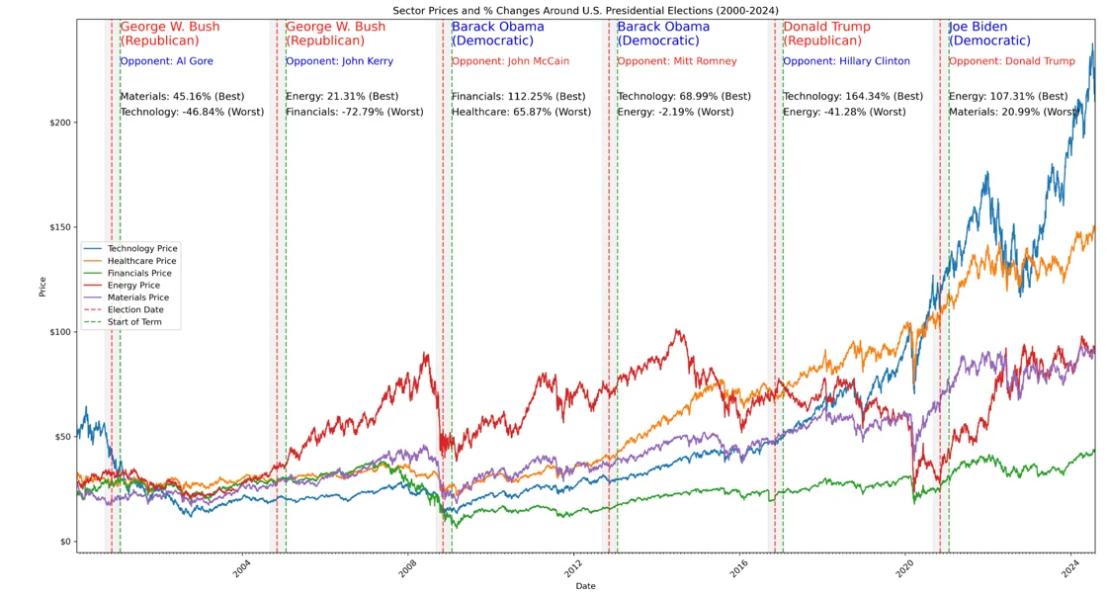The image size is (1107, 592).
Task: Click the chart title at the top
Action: pos(585,10)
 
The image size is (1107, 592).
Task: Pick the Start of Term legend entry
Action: pos(135,322)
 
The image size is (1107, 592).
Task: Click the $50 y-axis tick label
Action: pos(61,437)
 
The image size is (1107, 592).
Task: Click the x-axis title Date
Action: pos(585,586)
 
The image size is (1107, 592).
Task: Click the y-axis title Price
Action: pos(43,287)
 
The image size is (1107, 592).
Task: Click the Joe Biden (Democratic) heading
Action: pos(989,34)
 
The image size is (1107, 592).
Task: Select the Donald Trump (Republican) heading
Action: pos(826,34)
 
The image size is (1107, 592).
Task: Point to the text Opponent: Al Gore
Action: pos(166,61)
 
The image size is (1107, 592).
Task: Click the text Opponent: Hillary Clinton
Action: pos(846,61)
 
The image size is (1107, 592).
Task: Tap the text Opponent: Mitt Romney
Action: pos(677,61)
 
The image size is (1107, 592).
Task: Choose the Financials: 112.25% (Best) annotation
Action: pos(518,97)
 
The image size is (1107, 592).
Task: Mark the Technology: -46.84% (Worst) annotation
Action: pos(192,113)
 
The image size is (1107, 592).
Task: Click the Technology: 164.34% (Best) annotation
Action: pos(853,97)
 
